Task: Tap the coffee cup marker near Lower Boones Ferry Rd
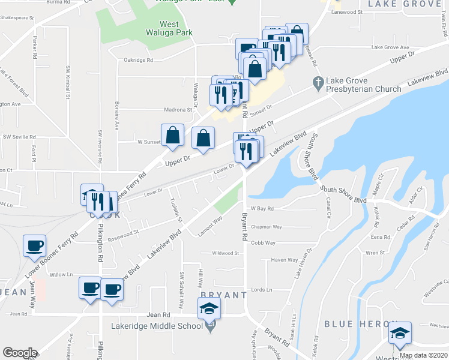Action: click(x=34, y=245)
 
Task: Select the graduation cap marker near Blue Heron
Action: click(x=399, y=333)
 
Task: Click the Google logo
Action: click(x=20, y=353)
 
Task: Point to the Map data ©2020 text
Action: click(x=423, y=355)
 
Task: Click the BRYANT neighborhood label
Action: click(x=223, y=295)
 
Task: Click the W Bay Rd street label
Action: click(x=262, y=209)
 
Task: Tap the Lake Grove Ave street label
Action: click(x=390, y=47)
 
